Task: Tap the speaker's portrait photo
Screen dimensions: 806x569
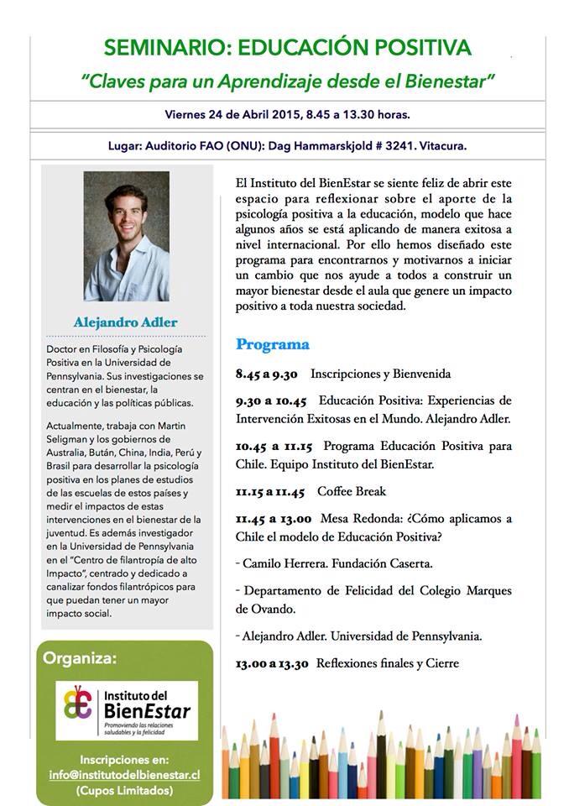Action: click(x=126, y=236)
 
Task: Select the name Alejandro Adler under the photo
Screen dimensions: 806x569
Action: click(x=126, y=322)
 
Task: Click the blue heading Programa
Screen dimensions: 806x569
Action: click(x=272, y=344)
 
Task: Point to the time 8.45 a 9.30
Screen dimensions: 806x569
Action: click(x=267, y=374)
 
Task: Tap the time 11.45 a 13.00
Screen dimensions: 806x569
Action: click(x=274, y=519)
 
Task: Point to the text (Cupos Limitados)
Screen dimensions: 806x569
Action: click(x=125, y=791)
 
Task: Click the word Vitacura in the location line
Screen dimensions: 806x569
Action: click(x=441, y=145)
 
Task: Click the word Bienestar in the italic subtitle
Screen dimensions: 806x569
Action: click(x=454, y=81)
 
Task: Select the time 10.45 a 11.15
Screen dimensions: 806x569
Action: click(x=273, y=446)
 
